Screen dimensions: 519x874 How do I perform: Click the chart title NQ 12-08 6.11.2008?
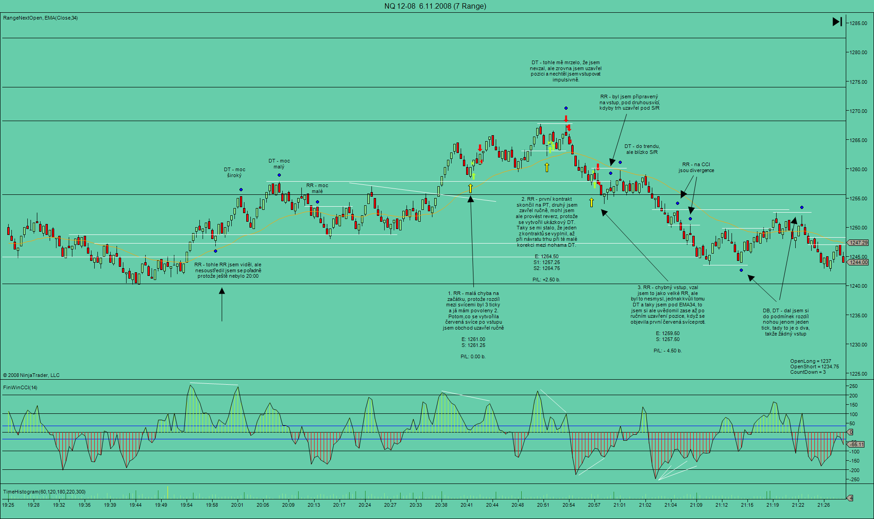click(435, 6)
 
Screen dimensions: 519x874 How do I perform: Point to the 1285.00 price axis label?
click(858, 23)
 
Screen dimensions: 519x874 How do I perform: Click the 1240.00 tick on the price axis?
click(858, 286)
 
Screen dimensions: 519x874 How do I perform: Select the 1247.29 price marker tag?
click(859, 243)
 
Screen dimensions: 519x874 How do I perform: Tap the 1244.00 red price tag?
click(859, 262)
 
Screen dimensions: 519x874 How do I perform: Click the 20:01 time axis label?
click(237, 504)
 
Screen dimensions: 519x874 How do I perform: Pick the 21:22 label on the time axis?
click(798, 504)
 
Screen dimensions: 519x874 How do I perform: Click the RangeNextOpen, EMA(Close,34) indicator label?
click(41, 18)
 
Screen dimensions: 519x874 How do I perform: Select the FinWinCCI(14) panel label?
click(20, 387)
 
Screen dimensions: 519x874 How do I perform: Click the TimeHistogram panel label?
click(44, 492)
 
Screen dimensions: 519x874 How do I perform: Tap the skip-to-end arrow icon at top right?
click(837, 21)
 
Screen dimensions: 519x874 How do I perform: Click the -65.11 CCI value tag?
click(857, 444)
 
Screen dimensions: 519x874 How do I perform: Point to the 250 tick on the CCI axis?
click(854, 386)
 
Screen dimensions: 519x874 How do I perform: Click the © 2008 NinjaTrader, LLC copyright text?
click(31, 375)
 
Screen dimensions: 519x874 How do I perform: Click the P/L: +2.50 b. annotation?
click(546, 280)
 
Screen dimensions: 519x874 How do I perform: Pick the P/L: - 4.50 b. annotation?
click(667, 351)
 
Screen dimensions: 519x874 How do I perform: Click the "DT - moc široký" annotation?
click(234, 173)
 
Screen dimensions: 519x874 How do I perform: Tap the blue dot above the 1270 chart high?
click(566, 108)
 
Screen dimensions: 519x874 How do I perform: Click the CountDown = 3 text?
click(808, 372)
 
